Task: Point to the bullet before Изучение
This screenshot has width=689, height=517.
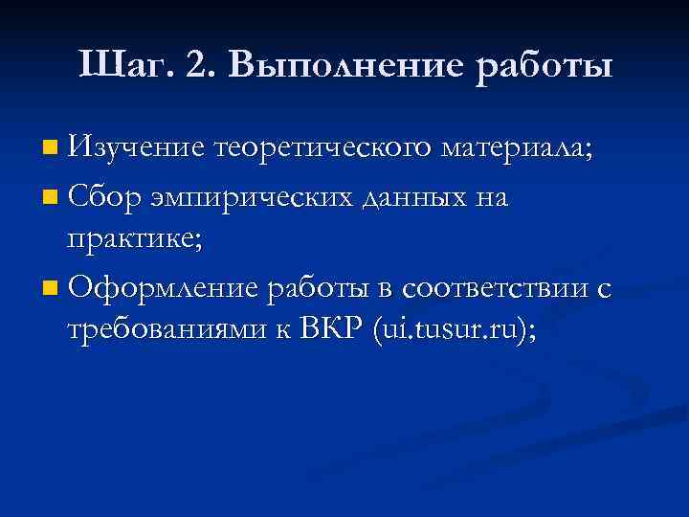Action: tap(50, 148)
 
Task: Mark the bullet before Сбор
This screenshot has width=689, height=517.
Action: tap(50, 199)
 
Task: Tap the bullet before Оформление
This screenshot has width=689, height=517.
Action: tap(50, 287)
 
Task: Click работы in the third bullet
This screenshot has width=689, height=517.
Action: tap(322, 287)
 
